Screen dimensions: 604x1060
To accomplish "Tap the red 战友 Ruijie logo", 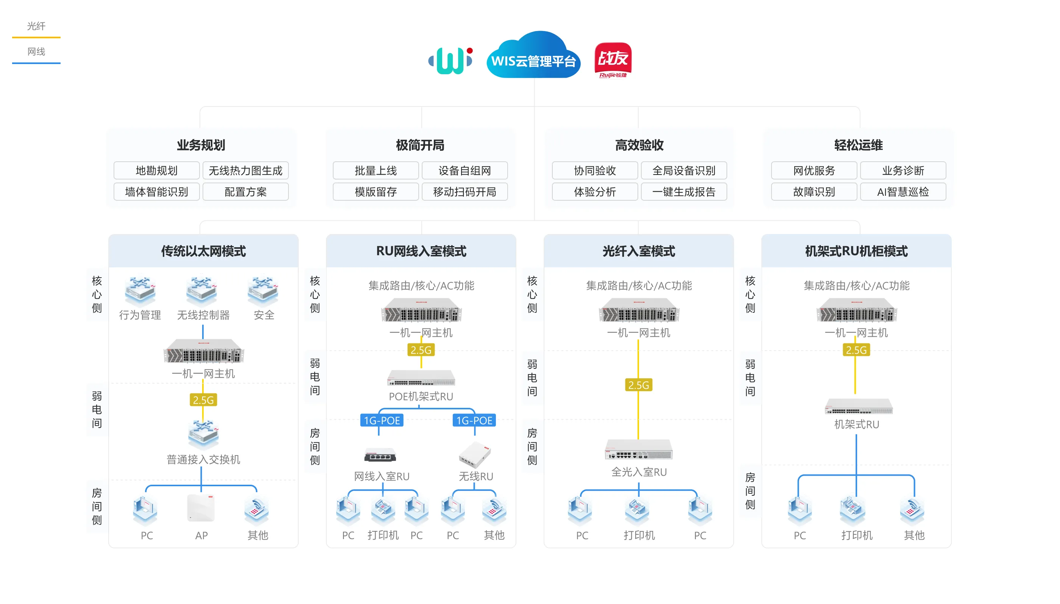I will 613,59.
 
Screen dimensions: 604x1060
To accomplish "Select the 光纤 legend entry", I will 36,27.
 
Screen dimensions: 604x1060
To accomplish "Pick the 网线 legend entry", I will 36,52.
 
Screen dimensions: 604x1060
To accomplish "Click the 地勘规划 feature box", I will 156,170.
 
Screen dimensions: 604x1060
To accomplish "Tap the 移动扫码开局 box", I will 465,192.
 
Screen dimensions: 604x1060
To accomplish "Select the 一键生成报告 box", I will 683,192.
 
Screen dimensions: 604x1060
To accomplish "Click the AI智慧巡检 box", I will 903,192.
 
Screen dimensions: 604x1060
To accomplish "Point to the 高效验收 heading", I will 639,145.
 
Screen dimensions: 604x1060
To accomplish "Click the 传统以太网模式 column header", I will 203,251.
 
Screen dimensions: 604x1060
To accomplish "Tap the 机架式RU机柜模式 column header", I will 856,251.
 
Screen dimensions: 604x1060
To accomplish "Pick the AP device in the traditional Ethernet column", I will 201,508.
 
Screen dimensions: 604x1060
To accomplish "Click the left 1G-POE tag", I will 382,420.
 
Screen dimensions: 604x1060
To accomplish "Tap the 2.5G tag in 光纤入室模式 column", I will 638,385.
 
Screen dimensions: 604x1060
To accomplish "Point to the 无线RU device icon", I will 475,455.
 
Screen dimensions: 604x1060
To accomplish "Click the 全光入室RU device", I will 638,449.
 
